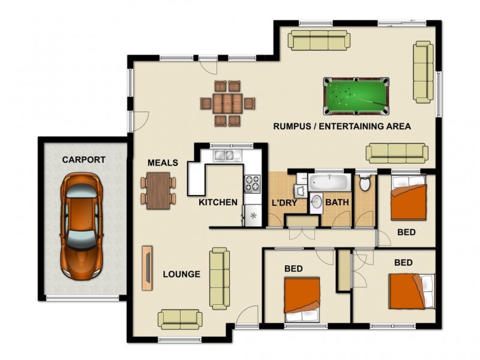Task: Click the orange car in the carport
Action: click(80, 225)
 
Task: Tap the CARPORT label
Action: click(83, 160)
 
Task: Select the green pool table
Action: click(355, 95)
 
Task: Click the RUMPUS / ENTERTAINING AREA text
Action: click(341, 126)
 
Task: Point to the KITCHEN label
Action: click(218, 202)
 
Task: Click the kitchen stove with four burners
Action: click(252, 182)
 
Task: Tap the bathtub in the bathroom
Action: click(330, 181)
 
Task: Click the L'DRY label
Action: click(284, 202)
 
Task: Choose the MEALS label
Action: click(163, 163)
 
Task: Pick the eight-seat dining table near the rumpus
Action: click(227, 103)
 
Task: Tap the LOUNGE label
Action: click(181, 274)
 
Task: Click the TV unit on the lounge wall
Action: click(146, 268)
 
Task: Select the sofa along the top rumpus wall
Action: click(319, 40)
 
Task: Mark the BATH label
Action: click(337, 202)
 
